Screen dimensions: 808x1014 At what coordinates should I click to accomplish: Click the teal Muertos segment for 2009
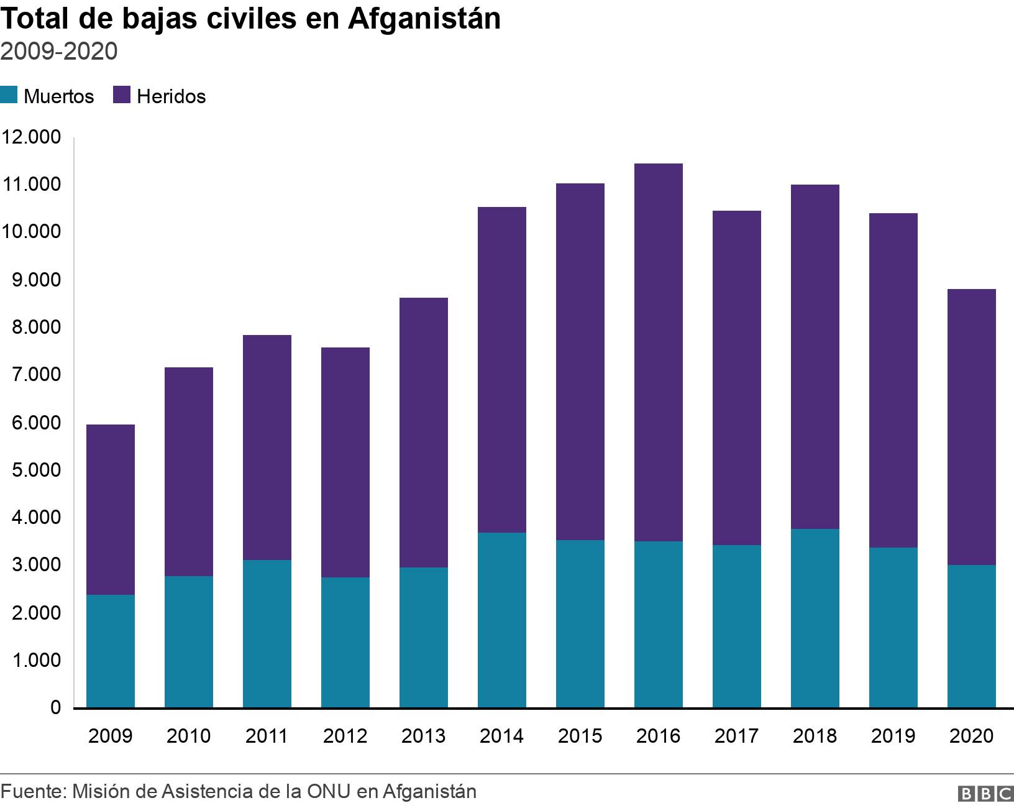tap(111, 651)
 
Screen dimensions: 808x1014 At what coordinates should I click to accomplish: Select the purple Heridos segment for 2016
tap(659, 352)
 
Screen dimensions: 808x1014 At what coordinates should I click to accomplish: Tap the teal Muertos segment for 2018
tap(815, 618)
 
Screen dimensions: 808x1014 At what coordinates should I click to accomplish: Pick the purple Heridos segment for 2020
tap(972, 426)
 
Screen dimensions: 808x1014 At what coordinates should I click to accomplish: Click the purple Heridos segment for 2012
tap(345, 462)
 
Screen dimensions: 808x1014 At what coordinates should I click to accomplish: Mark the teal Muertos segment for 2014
tap(502, 620)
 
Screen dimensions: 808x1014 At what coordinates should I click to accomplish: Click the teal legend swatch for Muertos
tap(9, 96)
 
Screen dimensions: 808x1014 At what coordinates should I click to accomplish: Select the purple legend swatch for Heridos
tap(121, 96)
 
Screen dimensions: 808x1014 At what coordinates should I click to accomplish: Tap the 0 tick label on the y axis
tap(55, 708)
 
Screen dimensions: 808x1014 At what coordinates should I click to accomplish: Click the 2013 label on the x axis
tap(424, 737)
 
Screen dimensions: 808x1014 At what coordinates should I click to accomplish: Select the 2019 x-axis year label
tap(893, 737)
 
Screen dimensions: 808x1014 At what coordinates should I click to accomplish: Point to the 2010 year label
tap(189, 737)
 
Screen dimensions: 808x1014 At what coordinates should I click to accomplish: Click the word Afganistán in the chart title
tap(424, 20)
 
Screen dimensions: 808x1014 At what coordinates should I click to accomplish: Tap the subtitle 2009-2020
tap(59, 52)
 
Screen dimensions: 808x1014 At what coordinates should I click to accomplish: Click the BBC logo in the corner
tap(985, 794)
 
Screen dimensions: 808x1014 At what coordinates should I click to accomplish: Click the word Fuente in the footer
tap(32, 792)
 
